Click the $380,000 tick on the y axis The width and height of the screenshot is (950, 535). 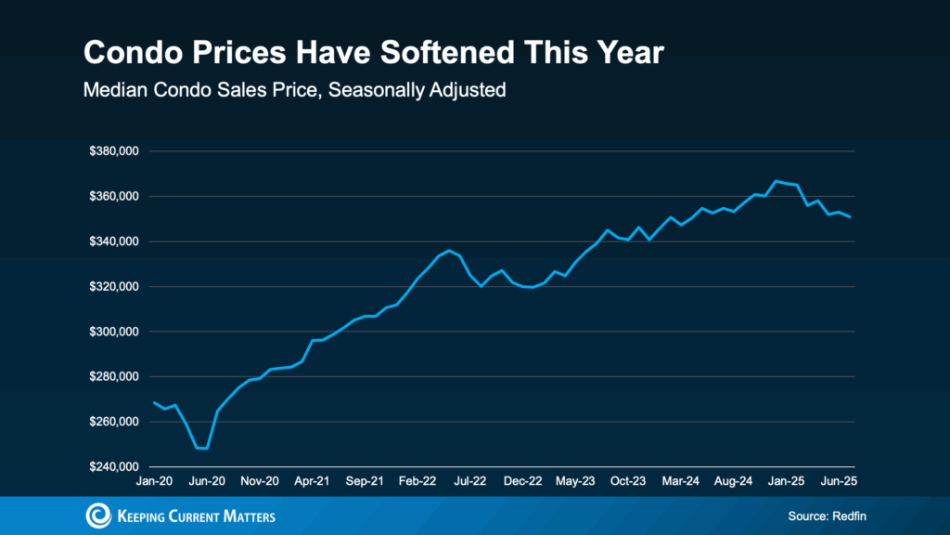tap(113, 151)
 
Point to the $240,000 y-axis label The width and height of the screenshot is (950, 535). tap(113, 467)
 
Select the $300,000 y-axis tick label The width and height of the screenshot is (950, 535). tap(113, 332)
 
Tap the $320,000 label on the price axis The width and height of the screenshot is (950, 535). tap(113, 287)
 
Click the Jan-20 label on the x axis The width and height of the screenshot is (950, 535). tap(155, 482)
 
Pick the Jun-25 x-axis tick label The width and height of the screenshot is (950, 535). tap(839, 482)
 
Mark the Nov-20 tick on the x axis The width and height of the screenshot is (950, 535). tap(260, 482)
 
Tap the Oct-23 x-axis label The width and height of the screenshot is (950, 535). tap(628, 482)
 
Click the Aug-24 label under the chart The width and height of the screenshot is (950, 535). tap(733, 482)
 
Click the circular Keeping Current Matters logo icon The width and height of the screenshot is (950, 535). tap(98, 515)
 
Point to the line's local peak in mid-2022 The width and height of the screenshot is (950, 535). tap(450, 251)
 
